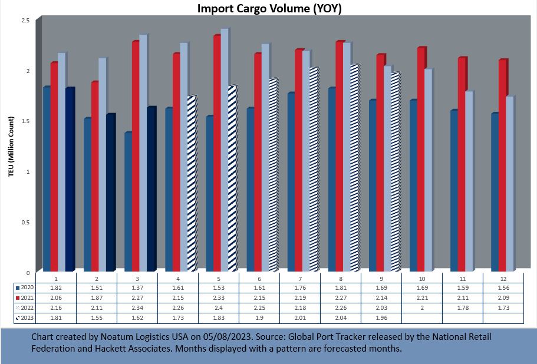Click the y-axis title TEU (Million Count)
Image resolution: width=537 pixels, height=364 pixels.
pos(11,145)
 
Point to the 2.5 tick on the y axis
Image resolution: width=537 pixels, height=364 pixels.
pos(25,20)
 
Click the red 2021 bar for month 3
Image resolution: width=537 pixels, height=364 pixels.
pos(136,156)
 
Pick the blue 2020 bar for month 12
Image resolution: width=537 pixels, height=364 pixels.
pos(494,191)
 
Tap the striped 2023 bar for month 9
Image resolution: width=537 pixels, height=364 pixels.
pos(394,171)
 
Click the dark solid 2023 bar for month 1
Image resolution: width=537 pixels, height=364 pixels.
pos(69,180)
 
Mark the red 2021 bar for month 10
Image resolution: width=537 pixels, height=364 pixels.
pos(421,159)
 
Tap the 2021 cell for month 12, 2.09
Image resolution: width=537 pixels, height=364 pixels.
pos(503,298)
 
